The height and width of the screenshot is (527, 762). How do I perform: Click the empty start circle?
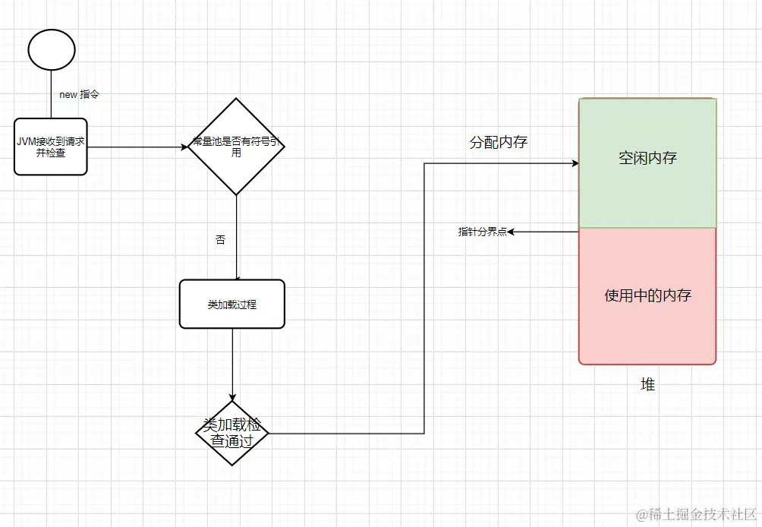pos(52,49)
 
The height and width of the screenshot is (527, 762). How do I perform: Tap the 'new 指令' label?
pos(80,95)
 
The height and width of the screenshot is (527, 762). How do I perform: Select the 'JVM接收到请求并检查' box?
pos(51,147)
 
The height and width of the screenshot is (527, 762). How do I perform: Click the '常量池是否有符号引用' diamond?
pos(236,147)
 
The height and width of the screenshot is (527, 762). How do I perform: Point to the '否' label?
pos(221,240)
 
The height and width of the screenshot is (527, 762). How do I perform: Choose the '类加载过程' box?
pos(232,304)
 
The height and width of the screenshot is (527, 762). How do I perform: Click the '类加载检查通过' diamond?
pos(232,434)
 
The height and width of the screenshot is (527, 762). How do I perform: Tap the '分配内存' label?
pos(498,143)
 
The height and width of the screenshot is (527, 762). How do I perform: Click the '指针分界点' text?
pos(482,232)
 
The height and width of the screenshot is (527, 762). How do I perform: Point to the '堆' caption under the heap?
pos(647,385)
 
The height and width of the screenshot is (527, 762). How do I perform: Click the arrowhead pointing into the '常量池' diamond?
pos(184,147)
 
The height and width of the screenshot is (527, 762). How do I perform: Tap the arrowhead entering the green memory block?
pos(575,163)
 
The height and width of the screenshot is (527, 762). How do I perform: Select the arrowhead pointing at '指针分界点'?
pos(512,232)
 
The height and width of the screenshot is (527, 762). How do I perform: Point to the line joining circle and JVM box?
pos(52,95)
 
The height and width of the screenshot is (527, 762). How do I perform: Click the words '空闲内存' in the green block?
pos(647,159)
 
